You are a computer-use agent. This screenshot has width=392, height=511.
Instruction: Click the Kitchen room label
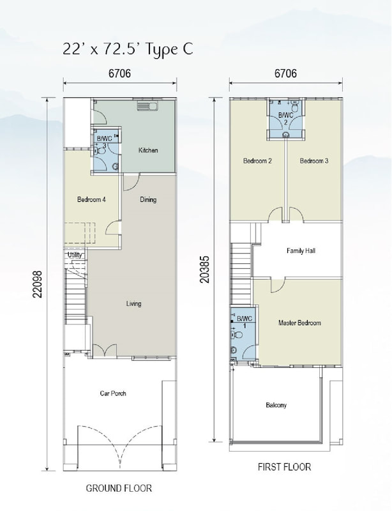(148, 150)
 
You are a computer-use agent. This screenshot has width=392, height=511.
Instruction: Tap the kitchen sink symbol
(147, 106)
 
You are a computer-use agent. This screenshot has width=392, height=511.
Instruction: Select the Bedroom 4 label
(91, 199)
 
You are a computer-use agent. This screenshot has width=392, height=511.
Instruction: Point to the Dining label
(148, 199)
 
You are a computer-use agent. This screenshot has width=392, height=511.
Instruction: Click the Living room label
(133, 304)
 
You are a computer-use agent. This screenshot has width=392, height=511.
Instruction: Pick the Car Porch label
(113, 393)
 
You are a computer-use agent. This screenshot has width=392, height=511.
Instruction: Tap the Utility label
(75, 254)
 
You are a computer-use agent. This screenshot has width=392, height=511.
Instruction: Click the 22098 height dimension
(38, 284)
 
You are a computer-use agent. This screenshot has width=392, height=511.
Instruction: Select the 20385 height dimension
(204, 269)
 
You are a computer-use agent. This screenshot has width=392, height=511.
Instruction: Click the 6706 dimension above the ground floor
(119, 73)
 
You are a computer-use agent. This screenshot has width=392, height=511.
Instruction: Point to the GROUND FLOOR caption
(119, 488)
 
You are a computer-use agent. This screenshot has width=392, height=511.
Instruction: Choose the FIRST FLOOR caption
(285, 467)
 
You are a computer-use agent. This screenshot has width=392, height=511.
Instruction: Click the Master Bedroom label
(299, 323)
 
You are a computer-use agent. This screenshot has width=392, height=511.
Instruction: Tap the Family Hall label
(301, 250)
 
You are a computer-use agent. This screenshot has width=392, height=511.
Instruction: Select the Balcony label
(276, 405)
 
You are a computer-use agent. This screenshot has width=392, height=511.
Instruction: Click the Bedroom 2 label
(257, 161)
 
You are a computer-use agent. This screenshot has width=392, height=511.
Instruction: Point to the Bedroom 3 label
(314, 161)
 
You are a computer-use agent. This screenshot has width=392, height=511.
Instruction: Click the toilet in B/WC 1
(237, 335)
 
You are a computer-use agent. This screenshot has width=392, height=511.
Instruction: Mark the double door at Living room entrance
(104, 350)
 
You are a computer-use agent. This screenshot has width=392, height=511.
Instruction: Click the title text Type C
(169, 49)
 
